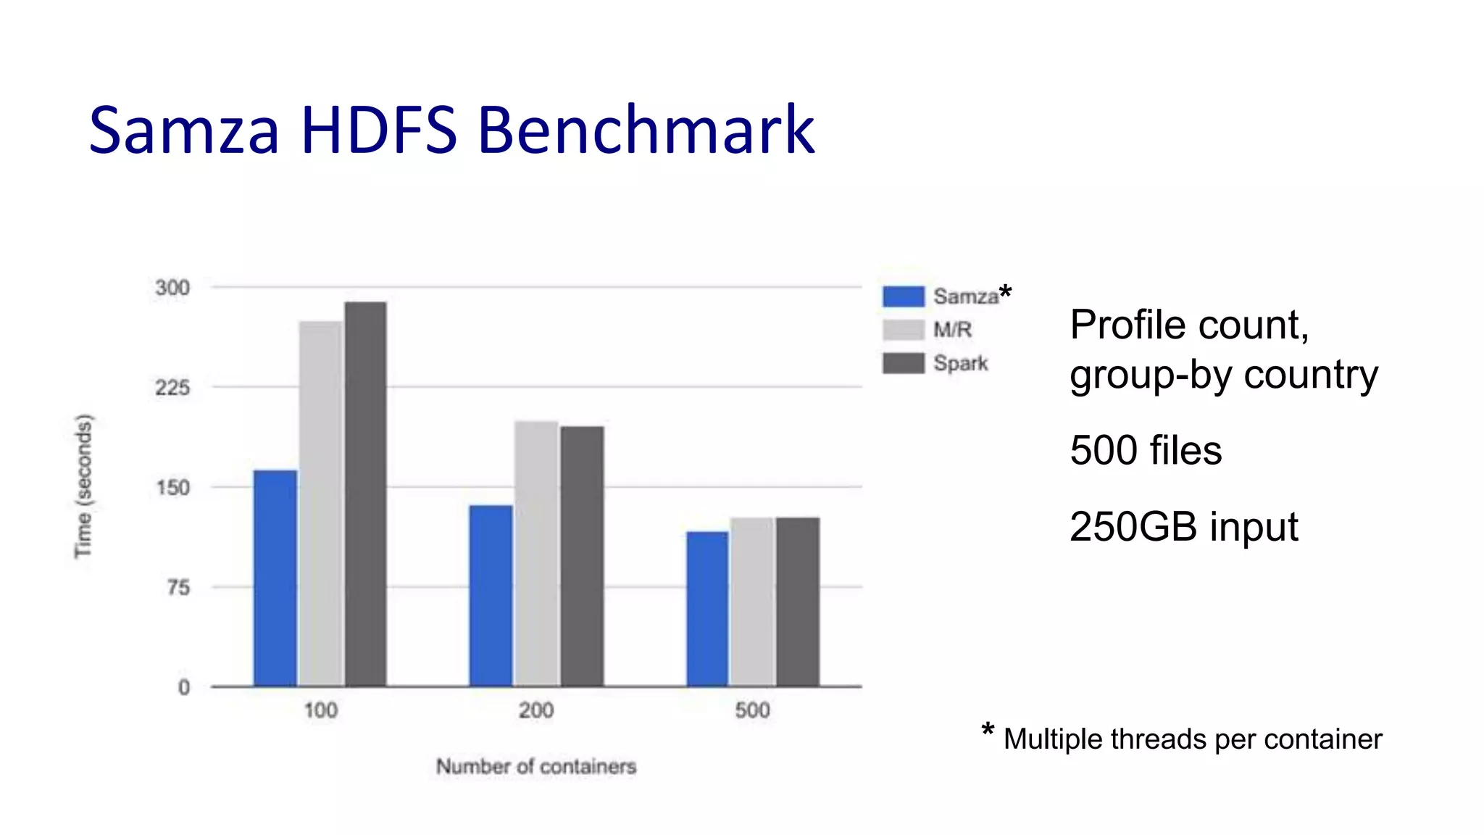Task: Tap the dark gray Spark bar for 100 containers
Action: pos(365,494)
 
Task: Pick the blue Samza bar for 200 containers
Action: pos(491,595)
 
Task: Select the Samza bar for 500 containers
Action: pos(707,609)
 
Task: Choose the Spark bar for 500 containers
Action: pos(798,602)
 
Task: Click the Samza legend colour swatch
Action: pos(903,296)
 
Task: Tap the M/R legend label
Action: pos(952,330)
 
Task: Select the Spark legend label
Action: pos(960,363)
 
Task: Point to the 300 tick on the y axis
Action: pos(172,288)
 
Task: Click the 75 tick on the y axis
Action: pos(178,587)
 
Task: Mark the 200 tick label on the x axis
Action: pos(536,710)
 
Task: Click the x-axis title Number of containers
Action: pos(536,766)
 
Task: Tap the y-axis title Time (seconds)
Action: pos(84,486)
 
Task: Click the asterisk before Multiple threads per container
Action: pos(988,731)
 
